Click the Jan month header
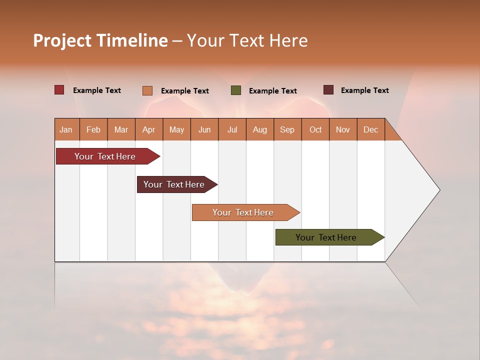(x=66, y=129)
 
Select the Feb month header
(x=93, y=129)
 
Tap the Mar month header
(x=121, y=129)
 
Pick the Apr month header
(x=149, y=129)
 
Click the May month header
(x=176, y=129)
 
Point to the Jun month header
(x=204, y=129)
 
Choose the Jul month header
(x=232, y=129)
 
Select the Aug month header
(x=260, y=129)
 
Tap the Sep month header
(x=287, y=129)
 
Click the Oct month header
(x=315, y=129)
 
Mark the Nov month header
(x=343, y=129)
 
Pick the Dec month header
(x=371, y=129)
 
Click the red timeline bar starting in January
(x=105, y=156)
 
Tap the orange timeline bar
(x=243, y=212)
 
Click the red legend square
(x=59, y=90)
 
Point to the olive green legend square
(x=236, y=90)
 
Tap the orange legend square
(x=147, y=90)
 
